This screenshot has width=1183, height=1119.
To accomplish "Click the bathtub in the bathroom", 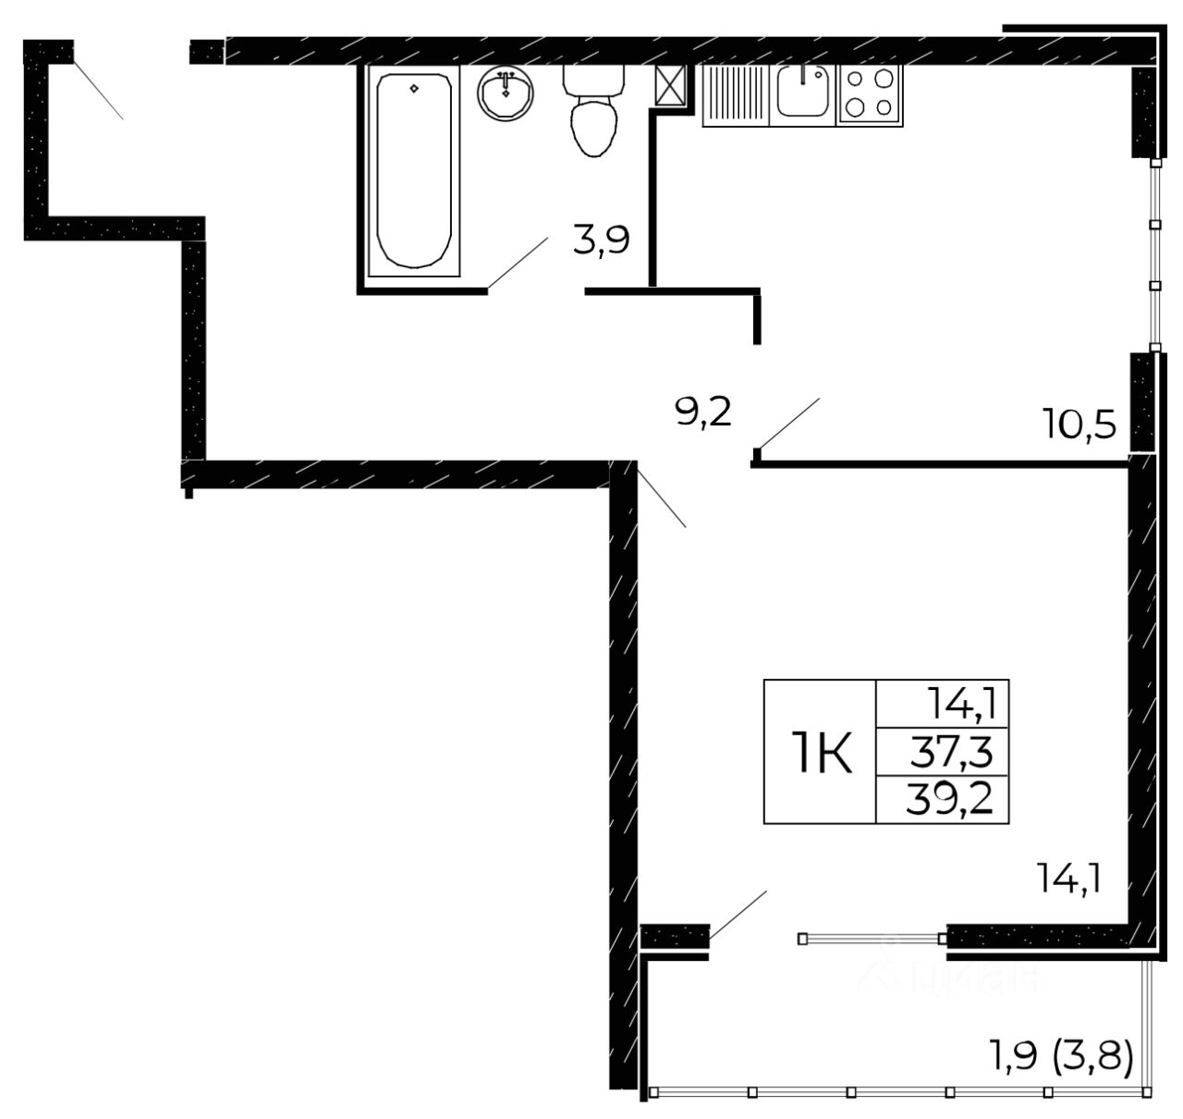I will [x=413, y=172].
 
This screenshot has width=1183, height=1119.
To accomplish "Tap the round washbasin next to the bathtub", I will [x=506, y=93].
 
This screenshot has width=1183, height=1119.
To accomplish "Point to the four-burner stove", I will [x=870, y=94].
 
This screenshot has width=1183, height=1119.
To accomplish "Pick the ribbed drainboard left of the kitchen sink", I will [x=736, y=94].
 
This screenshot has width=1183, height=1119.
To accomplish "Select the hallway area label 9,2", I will [x=703, y=412].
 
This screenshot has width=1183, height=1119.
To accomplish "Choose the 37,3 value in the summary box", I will [x=951, y=756].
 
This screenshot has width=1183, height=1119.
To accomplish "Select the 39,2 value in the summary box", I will [x=951, y=798].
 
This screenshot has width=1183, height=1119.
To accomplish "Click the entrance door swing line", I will [x=97, y=88].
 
